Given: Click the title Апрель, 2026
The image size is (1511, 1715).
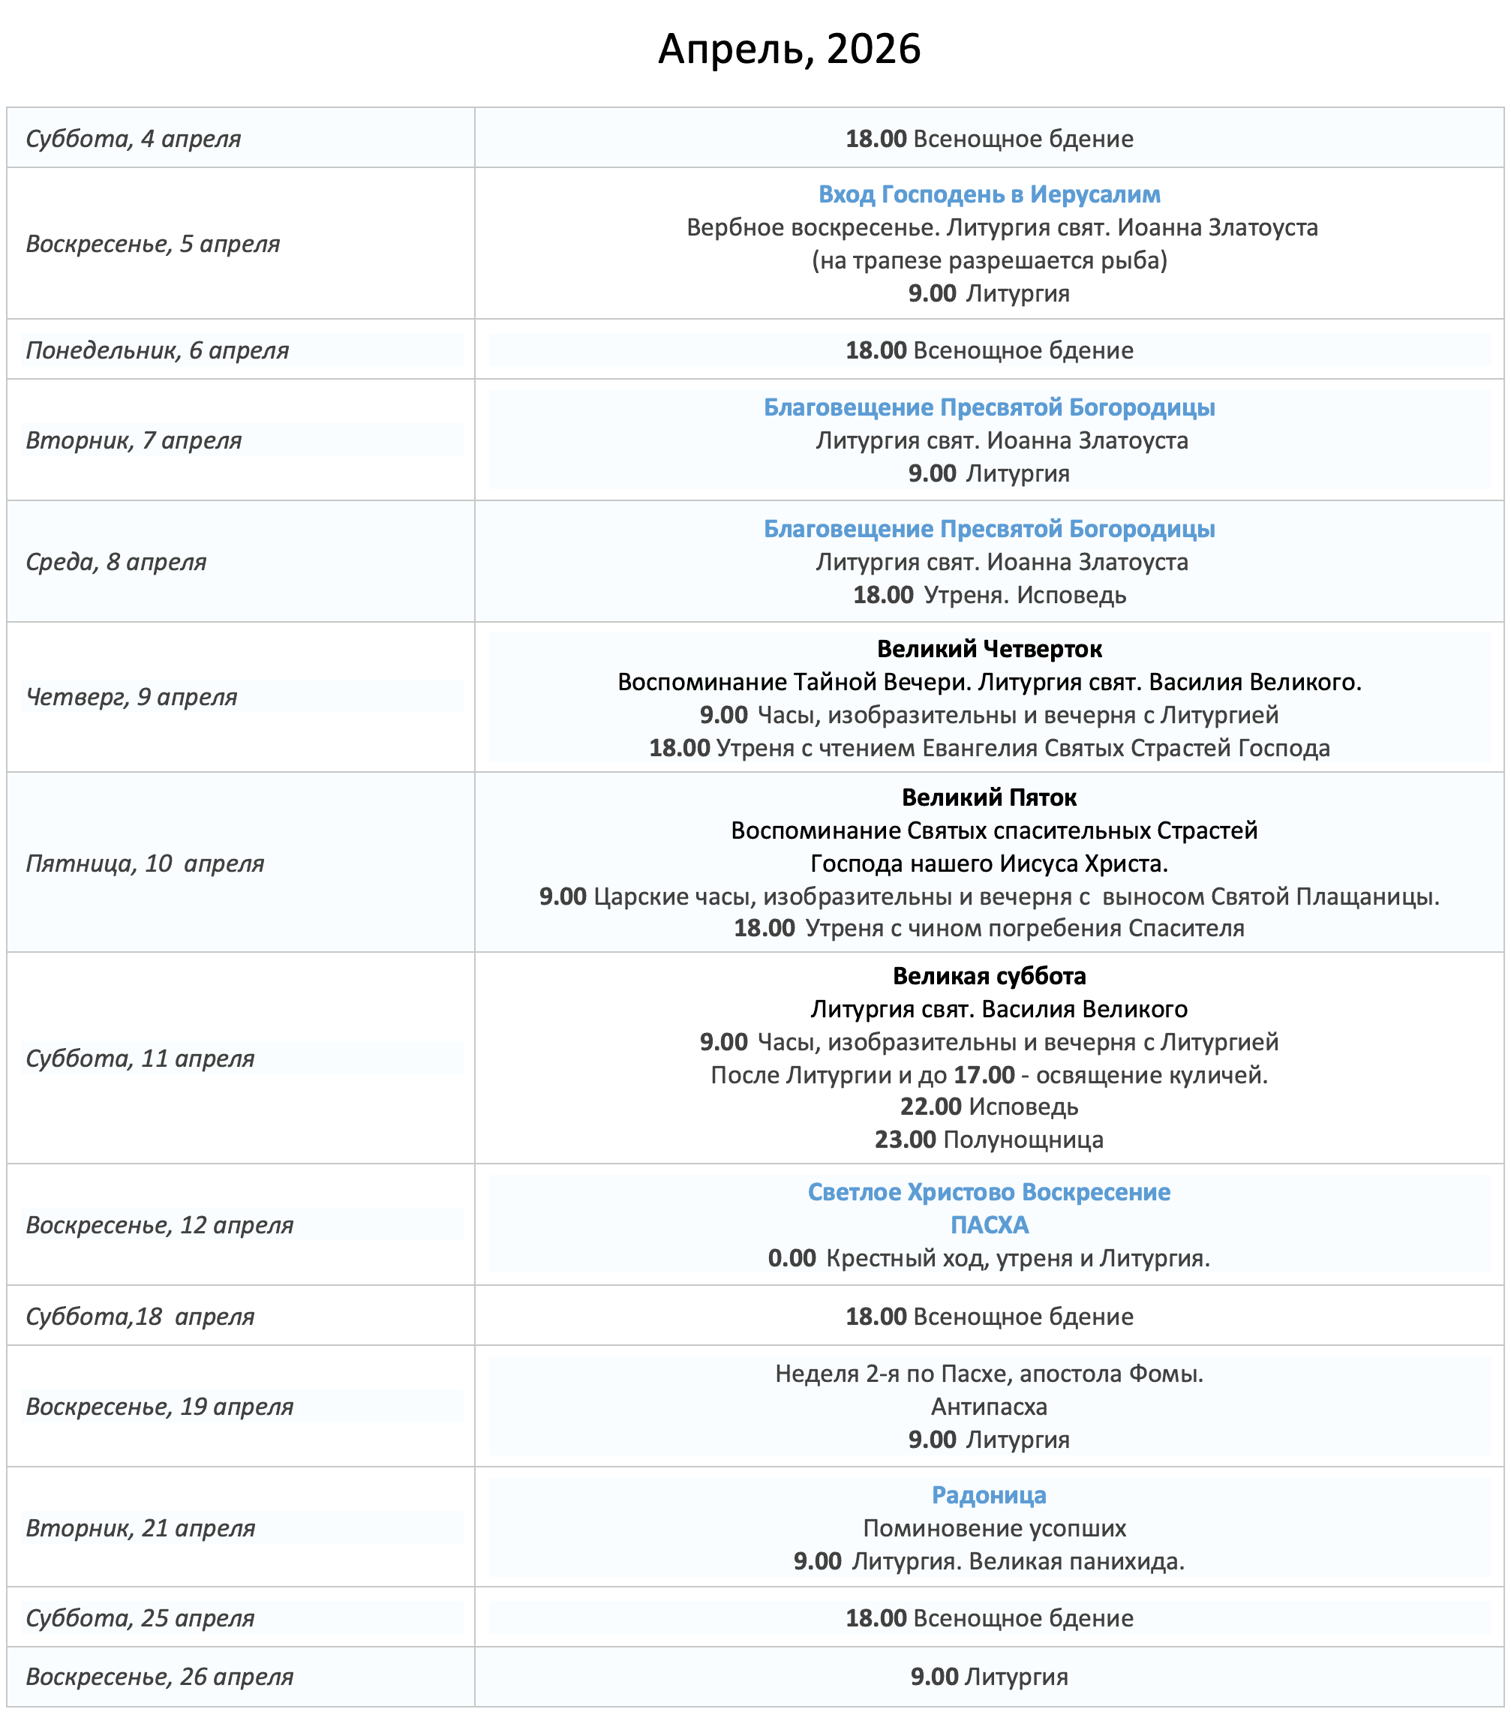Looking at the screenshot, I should (789, 49).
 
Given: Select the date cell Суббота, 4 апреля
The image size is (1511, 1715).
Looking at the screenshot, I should (134, 139).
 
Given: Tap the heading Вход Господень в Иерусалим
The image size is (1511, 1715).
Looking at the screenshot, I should (989, 194).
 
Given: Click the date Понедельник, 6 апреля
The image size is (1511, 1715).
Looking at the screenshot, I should (157, 350).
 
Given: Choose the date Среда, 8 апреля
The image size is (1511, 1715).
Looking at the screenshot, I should (116, 561).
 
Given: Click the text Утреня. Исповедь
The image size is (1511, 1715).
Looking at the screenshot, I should (1024, 595).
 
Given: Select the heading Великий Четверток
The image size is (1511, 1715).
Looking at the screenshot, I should (989, 649).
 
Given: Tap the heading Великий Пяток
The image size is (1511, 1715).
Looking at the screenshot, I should (989, 797).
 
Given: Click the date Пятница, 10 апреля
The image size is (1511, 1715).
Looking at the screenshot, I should (144, 863).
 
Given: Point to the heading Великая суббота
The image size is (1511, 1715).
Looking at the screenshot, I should (989, 976).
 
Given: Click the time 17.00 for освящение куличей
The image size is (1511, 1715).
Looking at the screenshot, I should (984, 1075).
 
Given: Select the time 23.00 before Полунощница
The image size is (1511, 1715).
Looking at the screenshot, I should (906, 1140).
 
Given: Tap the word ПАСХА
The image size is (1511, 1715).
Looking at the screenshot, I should (989, 1225).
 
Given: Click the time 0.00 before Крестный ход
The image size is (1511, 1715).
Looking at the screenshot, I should (792, 1257).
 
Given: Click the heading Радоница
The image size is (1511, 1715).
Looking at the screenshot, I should (989, 1495).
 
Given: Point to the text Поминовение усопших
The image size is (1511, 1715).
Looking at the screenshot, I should (994, 1528).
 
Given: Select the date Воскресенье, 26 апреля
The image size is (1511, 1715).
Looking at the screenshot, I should (159, 1677).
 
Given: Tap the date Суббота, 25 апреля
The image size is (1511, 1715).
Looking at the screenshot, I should (140, 1617).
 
